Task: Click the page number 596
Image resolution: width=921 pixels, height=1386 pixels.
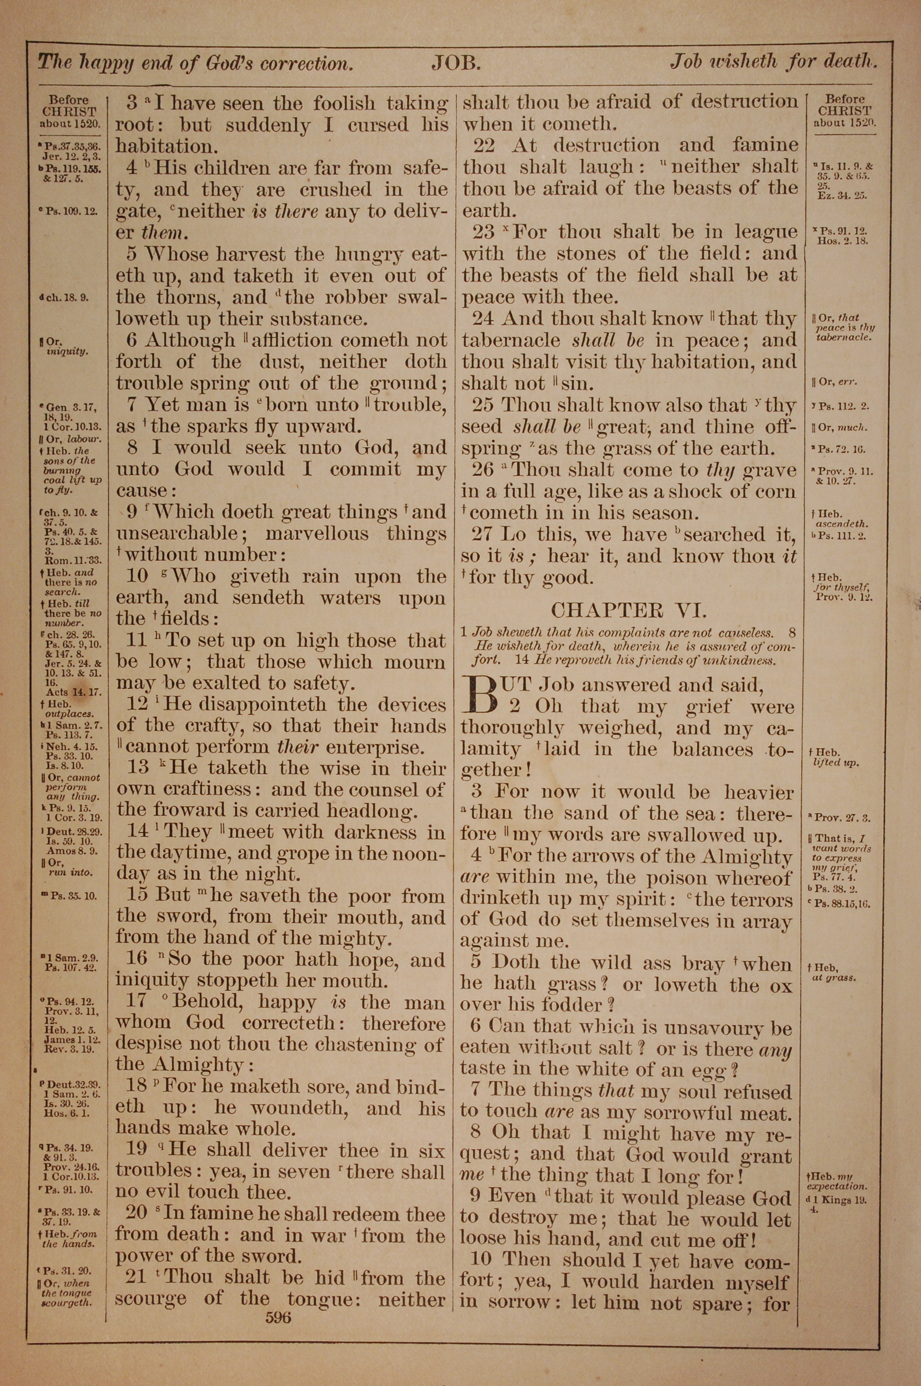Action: pos(278,1317)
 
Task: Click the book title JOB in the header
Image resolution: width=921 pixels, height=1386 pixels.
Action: pos(456,63)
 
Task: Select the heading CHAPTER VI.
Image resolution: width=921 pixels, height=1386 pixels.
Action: pos(628,611)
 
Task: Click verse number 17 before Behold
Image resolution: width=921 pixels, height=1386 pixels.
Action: pos(139,1002)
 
